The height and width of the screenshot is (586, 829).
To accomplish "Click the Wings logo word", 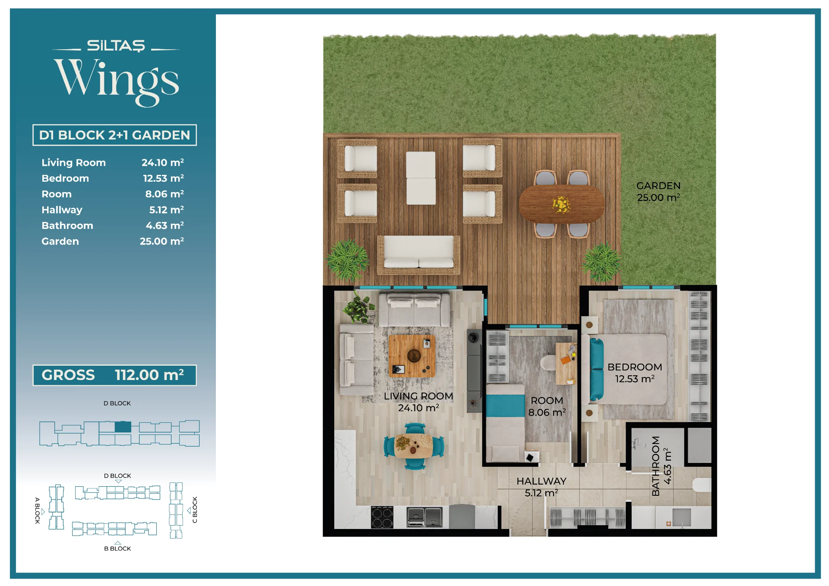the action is pyautogui.click(x=117, y=81).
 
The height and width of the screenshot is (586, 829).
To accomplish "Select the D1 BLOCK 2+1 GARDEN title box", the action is pyautogui.click(x=114, y=135).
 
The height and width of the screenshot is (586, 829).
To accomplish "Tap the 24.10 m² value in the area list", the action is pyautogui.click(x=162, y=162).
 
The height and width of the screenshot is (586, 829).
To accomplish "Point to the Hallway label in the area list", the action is pyautogui.click(x=62, y=210).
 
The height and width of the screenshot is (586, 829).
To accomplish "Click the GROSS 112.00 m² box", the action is pyautogui.click(x=114, y=375).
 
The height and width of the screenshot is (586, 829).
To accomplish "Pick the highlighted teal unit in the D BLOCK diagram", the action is pyautogui.click(x=123, y=427).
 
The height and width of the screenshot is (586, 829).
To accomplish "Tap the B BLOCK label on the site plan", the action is pyautogui.click(x=117, y=548).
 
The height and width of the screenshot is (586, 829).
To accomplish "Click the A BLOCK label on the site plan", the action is pyautogui.click(x=38, y=510).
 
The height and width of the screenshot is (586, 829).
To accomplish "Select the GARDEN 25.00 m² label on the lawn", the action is pyautogui.click(x=658, y=192).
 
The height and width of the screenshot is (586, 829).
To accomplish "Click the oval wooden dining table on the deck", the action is pyautogui.click(x=561, y=204).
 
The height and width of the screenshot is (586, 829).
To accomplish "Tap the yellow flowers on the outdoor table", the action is pyautogui.click(x=561, y=205).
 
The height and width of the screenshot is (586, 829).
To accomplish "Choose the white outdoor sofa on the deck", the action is pyautogui.click(x=419, y=255).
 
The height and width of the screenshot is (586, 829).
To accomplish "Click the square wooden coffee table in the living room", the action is pyautogui.click(x=412, y=356).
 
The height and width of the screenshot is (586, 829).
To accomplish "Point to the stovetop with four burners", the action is pyautogui.click(x=382, y=517).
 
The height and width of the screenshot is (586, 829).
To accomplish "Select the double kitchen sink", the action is pyautogui.click(x=425, y=517).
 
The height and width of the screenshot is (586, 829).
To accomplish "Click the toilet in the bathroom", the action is pyautogui.click(x=702, y=485).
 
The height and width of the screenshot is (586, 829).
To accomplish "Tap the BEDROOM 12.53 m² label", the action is pyautogui.click(x=635, y=373).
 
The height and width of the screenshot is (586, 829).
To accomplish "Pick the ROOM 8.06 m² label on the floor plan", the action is pyautogui.click(x=547, y=406).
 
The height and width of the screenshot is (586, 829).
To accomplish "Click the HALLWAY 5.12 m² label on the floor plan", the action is pyautogui.click(x=541, y=487).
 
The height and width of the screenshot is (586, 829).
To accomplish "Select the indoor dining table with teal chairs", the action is pyautogui.click(x=414, y=447).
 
